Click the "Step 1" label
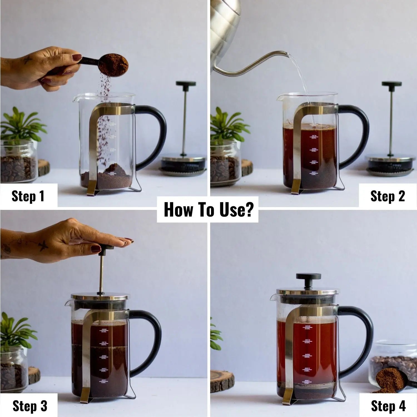pyautogui.click(x=28, y=196)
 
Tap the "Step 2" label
pyautogui.click(x=388, y=196)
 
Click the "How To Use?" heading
pyautogui.click(x=208, y=210)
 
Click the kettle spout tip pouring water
pyautogui.click(x=287, y=54)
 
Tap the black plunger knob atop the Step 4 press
pyautogui.click(x=306, y=277)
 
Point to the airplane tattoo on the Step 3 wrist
pyautogui.click(x=43, y=246)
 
